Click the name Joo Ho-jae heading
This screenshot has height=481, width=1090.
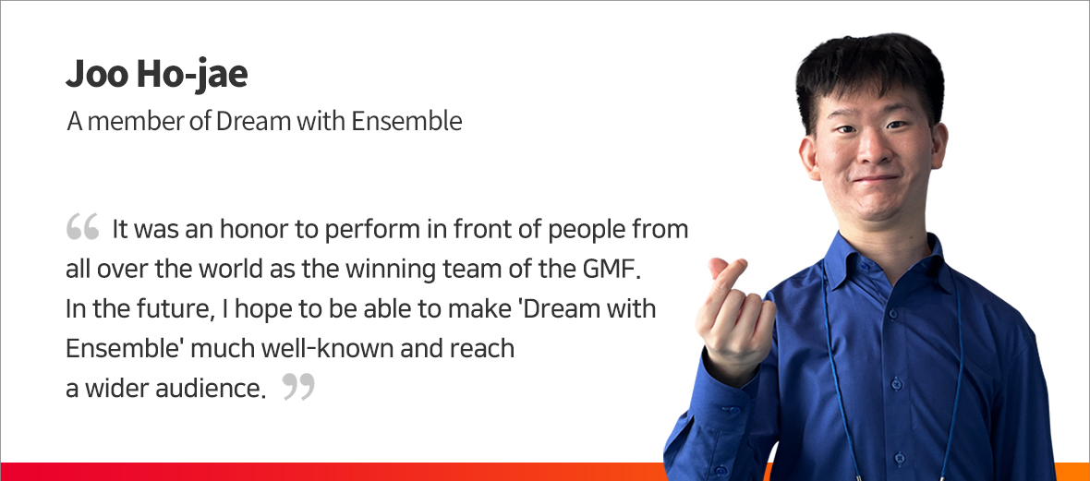click(156, 75)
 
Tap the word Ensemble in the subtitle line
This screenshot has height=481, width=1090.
click(406, 122)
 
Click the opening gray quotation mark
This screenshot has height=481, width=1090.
click(83, 227)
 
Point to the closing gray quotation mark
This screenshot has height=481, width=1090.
click(299, 387)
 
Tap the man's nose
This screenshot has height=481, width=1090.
click(872, 150)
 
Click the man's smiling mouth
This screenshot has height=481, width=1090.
click(877, 179)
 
